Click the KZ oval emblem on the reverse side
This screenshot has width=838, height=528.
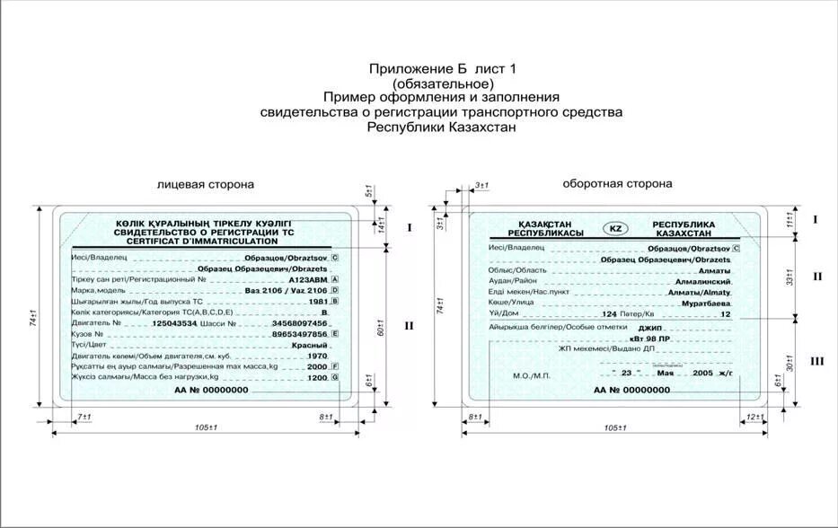[615, 228]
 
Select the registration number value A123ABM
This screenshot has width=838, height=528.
[308, 279]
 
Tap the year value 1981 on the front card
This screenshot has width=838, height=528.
[317, 301]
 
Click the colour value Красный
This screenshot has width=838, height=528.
[309, 345]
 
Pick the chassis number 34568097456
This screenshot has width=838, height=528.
[298, 323]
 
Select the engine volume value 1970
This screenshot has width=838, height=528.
[317, 356]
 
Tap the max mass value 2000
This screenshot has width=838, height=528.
[317, 367]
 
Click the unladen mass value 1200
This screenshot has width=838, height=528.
[317, 378]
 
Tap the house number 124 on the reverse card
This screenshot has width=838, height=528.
[610, 315]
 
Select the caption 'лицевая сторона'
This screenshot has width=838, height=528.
[206, 184]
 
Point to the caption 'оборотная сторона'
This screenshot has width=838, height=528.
[617, 183]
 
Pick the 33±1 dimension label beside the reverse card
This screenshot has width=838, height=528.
[790, 277]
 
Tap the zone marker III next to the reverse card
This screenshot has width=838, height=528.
[816, 361]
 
